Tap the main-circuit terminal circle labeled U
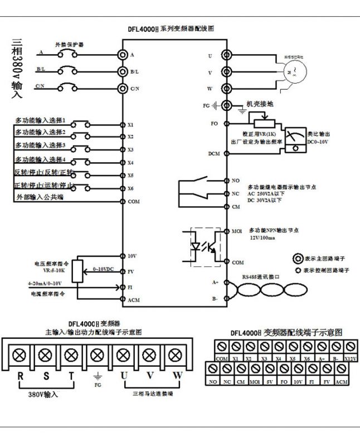click(226, 55)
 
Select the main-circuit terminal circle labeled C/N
click(122, 89)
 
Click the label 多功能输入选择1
click(48, 120)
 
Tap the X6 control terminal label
click(130, 188)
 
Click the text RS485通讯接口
click(260, 275)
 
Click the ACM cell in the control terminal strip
click(342, 381)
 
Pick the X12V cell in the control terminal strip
click(349, 358)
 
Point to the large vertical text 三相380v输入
click(17, 70)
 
